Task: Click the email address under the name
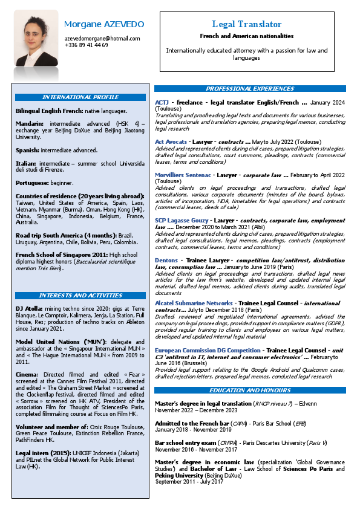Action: [x=102, y=38]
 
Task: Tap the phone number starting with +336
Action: [x=87, y=45]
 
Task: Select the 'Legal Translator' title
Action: [x=246, y=24]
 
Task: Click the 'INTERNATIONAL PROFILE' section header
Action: [x=80, y=97]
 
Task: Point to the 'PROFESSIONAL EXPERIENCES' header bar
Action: [x=250, y=89]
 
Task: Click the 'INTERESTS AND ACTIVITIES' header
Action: [x=80, y=296]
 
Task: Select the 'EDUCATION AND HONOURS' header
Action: [x=250, y=390]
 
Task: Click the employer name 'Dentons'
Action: [x=166, y=259]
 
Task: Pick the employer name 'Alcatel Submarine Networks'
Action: [x=194, y=302]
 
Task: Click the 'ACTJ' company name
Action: [x=162, y=103]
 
